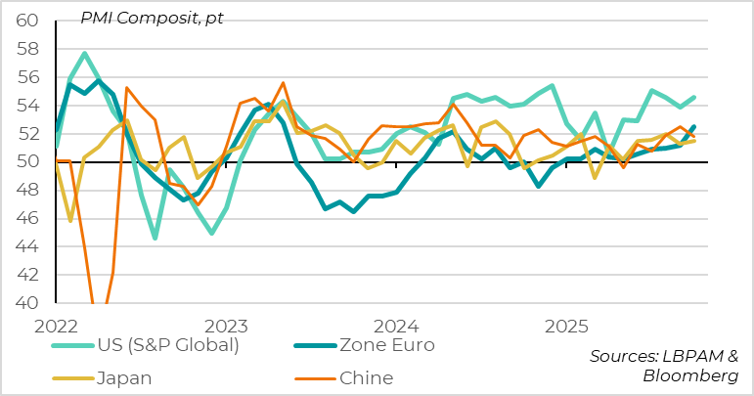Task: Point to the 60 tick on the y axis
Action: (26, 21)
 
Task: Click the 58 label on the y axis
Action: (26, 49)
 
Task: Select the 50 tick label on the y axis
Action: (26, 162)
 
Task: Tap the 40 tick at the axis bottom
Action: (26, 303)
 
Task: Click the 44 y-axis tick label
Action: (26, 247)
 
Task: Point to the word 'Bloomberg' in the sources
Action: (690, 376)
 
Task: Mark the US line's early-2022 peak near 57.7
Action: (84, 53)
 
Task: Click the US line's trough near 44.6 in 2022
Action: (155, 238)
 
